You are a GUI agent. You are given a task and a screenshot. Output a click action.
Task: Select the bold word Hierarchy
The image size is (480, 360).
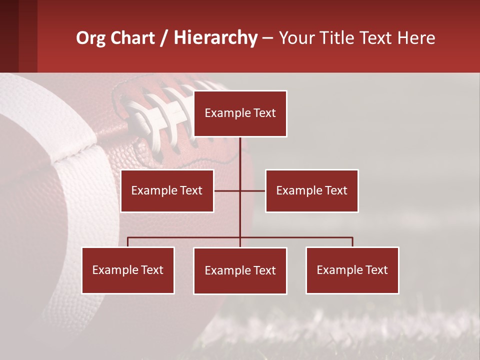(x=215, y=38)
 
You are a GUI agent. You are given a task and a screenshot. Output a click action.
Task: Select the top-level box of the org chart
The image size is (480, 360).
(x=240, y=113)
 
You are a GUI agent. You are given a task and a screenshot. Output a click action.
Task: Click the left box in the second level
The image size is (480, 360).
(x=167, y=190)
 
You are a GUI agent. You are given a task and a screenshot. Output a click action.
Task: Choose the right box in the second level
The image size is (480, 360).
(x=311, y=190)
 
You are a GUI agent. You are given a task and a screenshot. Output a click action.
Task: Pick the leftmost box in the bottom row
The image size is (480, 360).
(x=128, y=270)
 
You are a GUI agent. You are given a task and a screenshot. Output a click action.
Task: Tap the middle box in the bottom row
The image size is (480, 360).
(x=240, y=270)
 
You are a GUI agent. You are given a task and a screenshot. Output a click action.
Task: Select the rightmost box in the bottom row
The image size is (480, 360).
(x=352, y=270)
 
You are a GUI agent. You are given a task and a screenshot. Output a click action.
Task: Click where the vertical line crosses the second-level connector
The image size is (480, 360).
(x=240, y=190)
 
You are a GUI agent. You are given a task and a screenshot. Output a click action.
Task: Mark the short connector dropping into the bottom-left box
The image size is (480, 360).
(x=128, y=242)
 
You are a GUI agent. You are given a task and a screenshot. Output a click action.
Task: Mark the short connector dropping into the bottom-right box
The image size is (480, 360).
(x=352, y=242)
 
